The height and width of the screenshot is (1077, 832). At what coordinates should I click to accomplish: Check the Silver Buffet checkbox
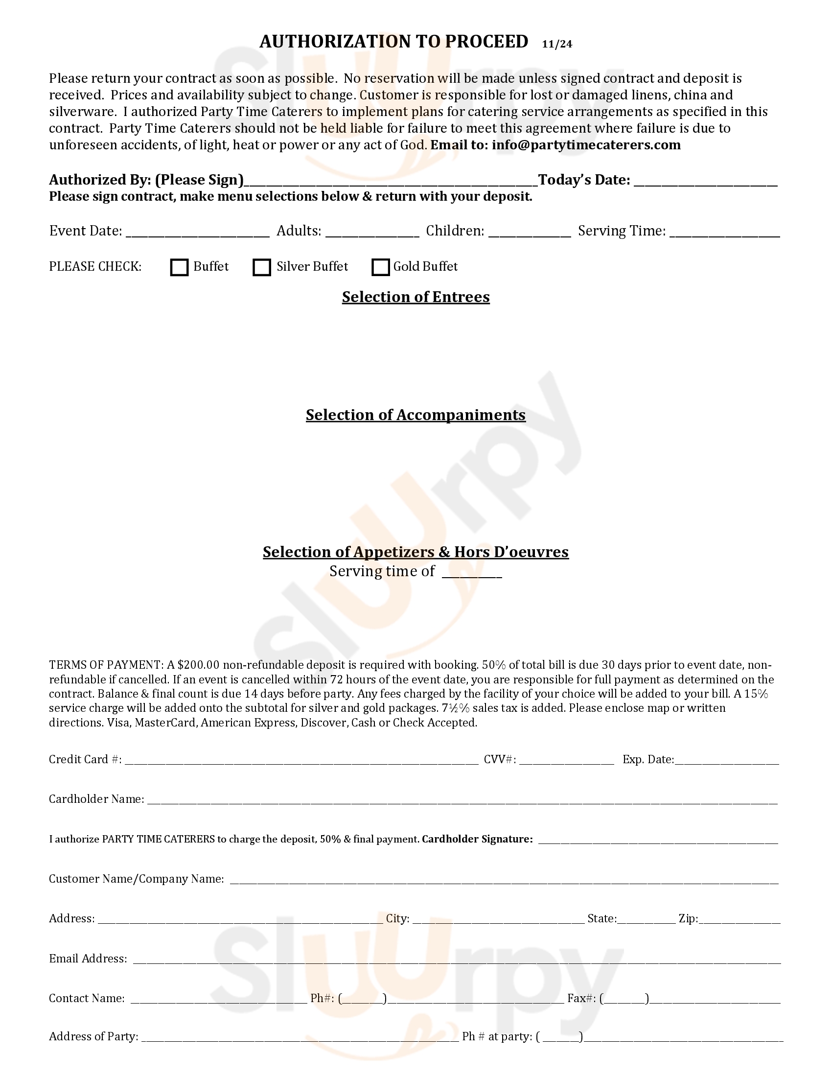261,267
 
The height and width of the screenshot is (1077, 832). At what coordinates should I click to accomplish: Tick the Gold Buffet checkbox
380,267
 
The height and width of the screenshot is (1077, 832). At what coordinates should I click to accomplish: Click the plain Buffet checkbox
179,267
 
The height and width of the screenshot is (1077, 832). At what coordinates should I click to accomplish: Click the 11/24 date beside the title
557,44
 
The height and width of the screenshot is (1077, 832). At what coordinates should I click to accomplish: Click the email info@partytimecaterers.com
586,145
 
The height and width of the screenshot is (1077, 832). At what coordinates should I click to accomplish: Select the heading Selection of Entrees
416,297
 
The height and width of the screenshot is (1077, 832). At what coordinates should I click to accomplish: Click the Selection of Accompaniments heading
416,415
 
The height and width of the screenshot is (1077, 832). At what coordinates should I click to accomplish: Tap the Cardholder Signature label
477,839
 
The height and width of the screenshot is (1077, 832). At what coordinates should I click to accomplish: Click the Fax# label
581,999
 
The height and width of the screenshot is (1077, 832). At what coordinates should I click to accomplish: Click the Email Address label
88,959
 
